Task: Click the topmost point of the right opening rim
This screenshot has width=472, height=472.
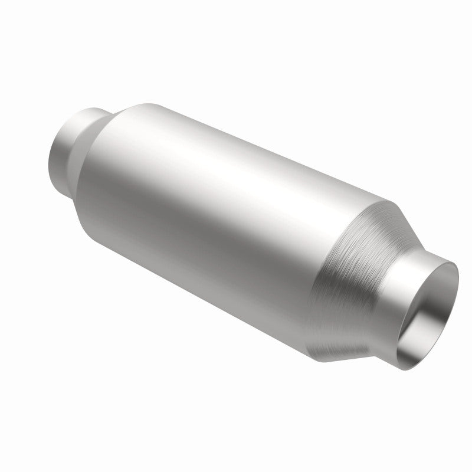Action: coord(454,263)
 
